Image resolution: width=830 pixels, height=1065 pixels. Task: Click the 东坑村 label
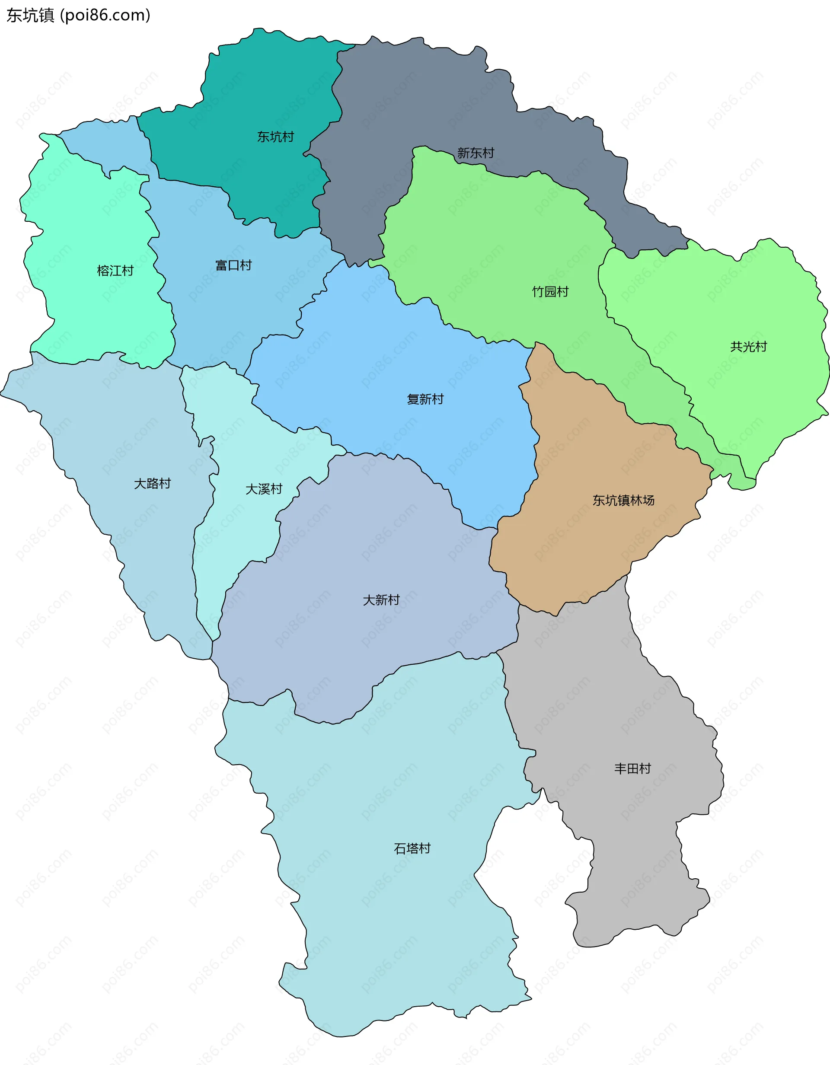tap(275, 137)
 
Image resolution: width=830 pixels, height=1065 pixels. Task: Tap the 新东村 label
tap(476, 153)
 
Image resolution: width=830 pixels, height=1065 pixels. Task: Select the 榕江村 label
tap(115, 271)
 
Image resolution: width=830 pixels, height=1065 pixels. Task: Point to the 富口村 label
tap(233, 265)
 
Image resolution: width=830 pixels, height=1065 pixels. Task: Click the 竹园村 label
tap(550, 292)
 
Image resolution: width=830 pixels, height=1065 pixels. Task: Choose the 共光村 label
tap(749, 347)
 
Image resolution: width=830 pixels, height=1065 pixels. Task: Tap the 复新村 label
tap(425, 399)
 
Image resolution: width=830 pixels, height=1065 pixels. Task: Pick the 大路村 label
tap(153, 483)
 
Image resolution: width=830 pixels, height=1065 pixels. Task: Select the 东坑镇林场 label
tap(623, 501)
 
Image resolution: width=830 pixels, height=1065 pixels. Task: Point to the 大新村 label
tap(381, 600)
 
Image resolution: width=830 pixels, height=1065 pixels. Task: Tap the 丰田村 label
tap(632, 768)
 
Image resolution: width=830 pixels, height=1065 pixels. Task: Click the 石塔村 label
tap(412, 848)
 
